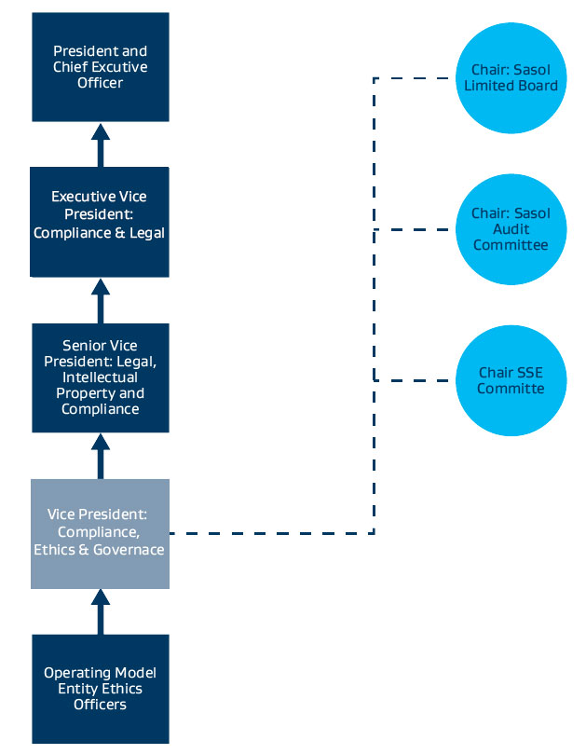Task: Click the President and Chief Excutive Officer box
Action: (x=101, y=67)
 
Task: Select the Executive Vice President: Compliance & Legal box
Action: (x=100, y=222)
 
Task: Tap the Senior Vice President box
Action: (x=101, y=377)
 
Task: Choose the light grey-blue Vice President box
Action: (x=100, y=534)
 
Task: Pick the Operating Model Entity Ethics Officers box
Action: (x=101, y=689)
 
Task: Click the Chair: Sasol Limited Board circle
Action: (x=511, y=78)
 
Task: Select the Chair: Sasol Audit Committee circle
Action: (x=511, y=229)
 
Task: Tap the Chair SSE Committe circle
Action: (x=511, y=380)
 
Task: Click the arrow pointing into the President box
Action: (x=101, y=144)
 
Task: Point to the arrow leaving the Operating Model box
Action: (x=101, y=611)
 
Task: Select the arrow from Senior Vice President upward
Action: (x=101, y=300)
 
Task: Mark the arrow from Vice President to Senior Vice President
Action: (x=101, y=456)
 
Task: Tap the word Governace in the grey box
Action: (x=129, y=550)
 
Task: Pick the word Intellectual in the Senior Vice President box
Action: (x=100, y=377)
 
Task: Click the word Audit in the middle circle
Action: (x=511, y=229)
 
